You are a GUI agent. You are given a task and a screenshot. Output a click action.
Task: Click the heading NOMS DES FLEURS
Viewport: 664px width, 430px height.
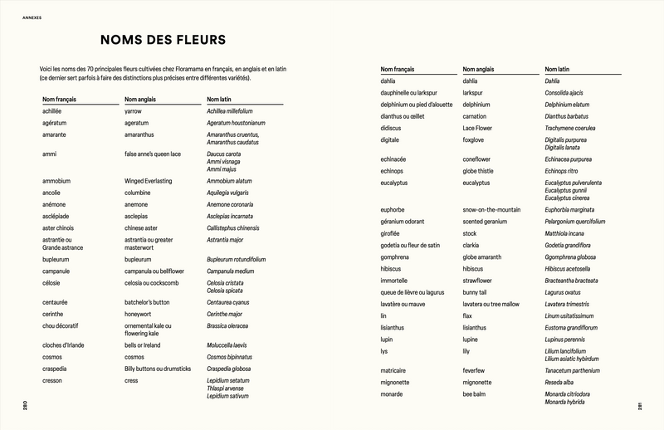point(164,41)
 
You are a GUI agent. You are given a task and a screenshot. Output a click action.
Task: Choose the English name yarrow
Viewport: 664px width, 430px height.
point(133,111)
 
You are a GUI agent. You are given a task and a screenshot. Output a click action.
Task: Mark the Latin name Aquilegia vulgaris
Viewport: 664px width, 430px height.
point(232,193)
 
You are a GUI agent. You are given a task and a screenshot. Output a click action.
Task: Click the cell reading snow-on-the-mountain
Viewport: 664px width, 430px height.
point(492,210)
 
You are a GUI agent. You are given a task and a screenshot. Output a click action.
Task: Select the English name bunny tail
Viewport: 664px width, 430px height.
point(479,292)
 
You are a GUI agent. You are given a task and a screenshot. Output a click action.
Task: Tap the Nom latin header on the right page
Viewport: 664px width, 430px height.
point(561,70)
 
